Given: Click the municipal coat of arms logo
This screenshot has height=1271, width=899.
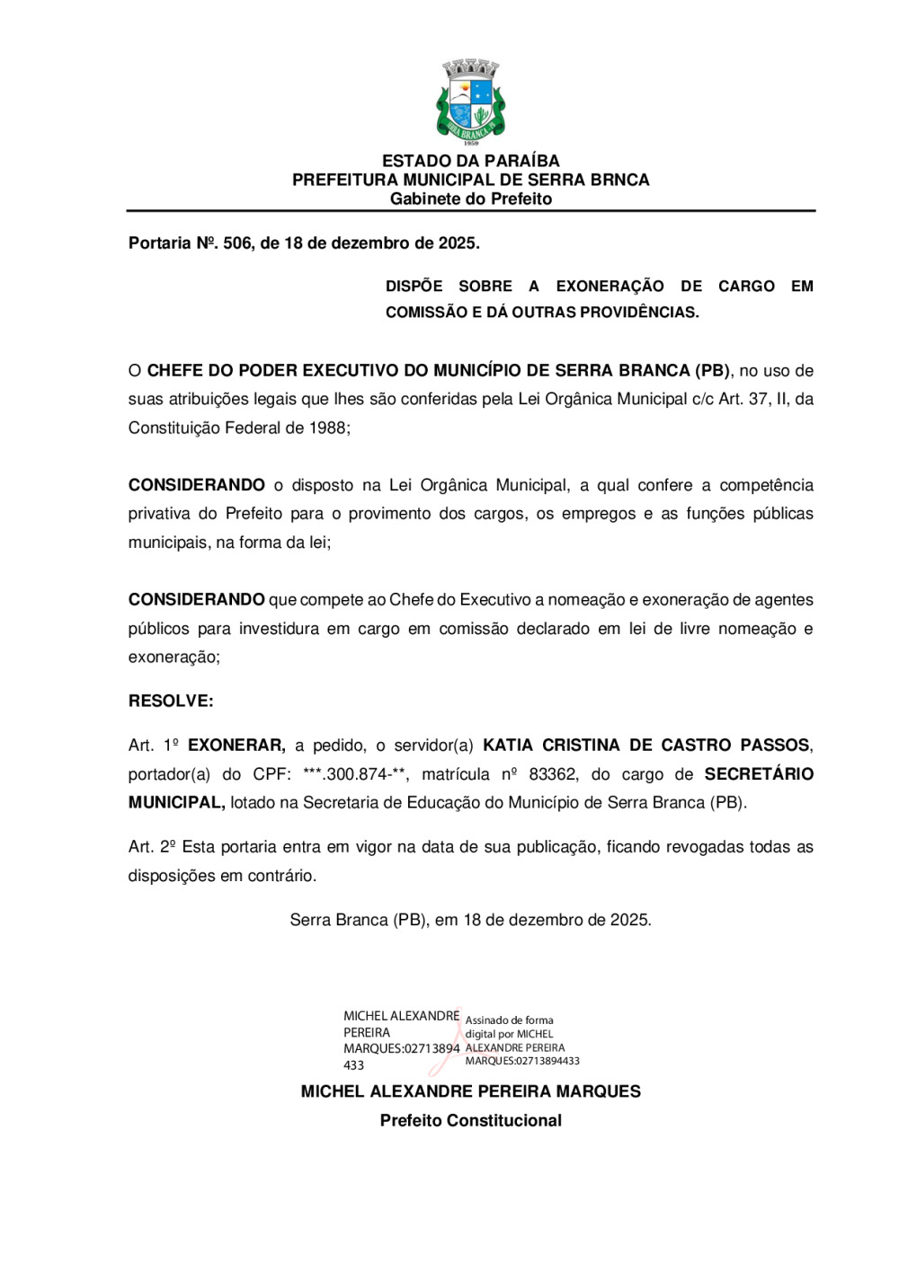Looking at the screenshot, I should tap(470, 101).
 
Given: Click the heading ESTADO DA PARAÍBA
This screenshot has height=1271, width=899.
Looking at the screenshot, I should tap(470, 161).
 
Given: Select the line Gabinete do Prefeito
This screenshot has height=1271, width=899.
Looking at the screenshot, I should tap(470, 199).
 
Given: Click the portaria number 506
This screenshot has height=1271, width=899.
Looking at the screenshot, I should tap(237, 243).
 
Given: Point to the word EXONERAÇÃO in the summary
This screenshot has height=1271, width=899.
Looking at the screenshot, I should tap(610, 286).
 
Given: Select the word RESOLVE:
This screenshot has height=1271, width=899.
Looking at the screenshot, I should tap(171, 701).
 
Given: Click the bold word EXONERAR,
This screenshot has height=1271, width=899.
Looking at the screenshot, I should tap(236, 745).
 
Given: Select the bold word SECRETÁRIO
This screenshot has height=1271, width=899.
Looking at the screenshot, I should tap(758, 773).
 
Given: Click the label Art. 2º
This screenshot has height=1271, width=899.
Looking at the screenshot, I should tap(151, 846).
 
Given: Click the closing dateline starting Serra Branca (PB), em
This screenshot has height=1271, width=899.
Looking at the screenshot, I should tap(470, 920).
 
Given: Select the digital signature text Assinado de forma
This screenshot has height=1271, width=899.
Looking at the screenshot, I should tap(509, 1019).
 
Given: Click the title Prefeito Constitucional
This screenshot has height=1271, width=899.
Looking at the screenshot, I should tap(470, 1120).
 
